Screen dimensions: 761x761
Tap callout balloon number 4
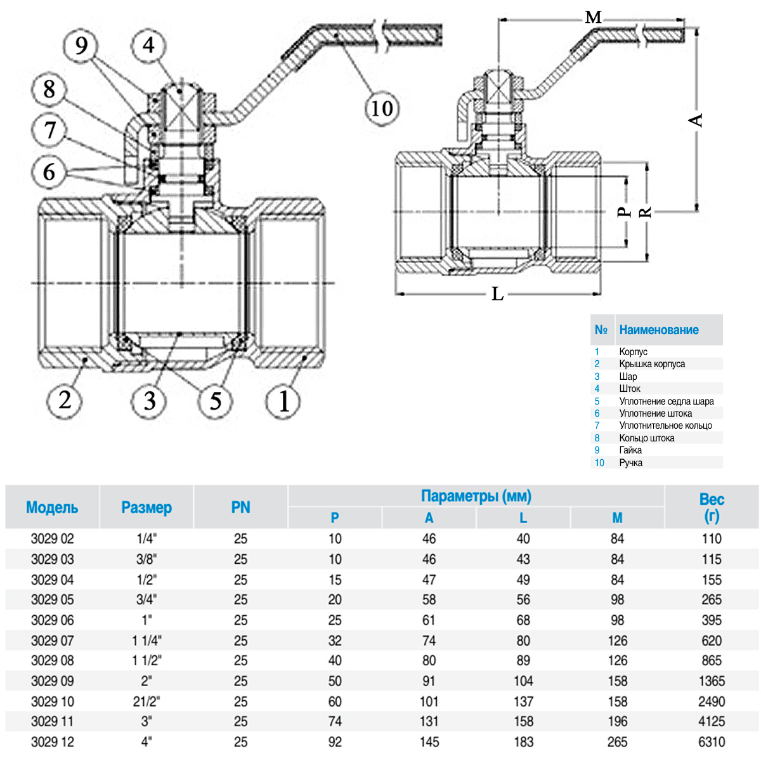click(x=148, y=46)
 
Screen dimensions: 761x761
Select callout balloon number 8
click(x=49, y=89)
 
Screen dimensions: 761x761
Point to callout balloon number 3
click(x=149, y=401)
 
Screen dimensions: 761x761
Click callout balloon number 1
click(x=284, y=401)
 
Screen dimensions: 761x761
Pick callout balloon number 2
click(x=65, y=400)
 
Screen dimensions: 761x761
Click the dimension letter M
click(x=593, y=17)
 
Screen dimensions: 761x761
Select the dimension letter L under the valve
click(x=498, y=294)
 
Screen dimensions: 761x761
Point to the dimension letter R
click(x=645, y=212)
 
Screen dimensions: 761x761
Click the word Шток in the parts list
click(x=630, y=389)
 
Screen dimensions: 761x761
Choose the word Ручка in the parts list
click(x=631, y=463)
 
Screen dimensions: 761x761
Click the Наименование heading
click(x=659, y=330)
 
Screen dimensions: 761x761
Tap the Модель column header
click(x=52, y=507)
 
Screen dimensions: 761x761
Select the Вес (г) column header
click(x=712, y=507)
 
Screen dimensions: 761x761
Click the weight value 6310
click(x=712, y=742)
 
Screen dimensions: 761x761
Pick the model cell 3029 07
click(x=52, y=641)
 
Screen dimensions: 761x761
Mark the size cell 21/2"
click(x=146, y=701)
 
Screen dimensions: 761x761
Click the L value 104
click(x=523, y=681)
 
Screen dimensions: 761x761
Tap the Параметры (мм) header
click(x=476, y=496)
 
